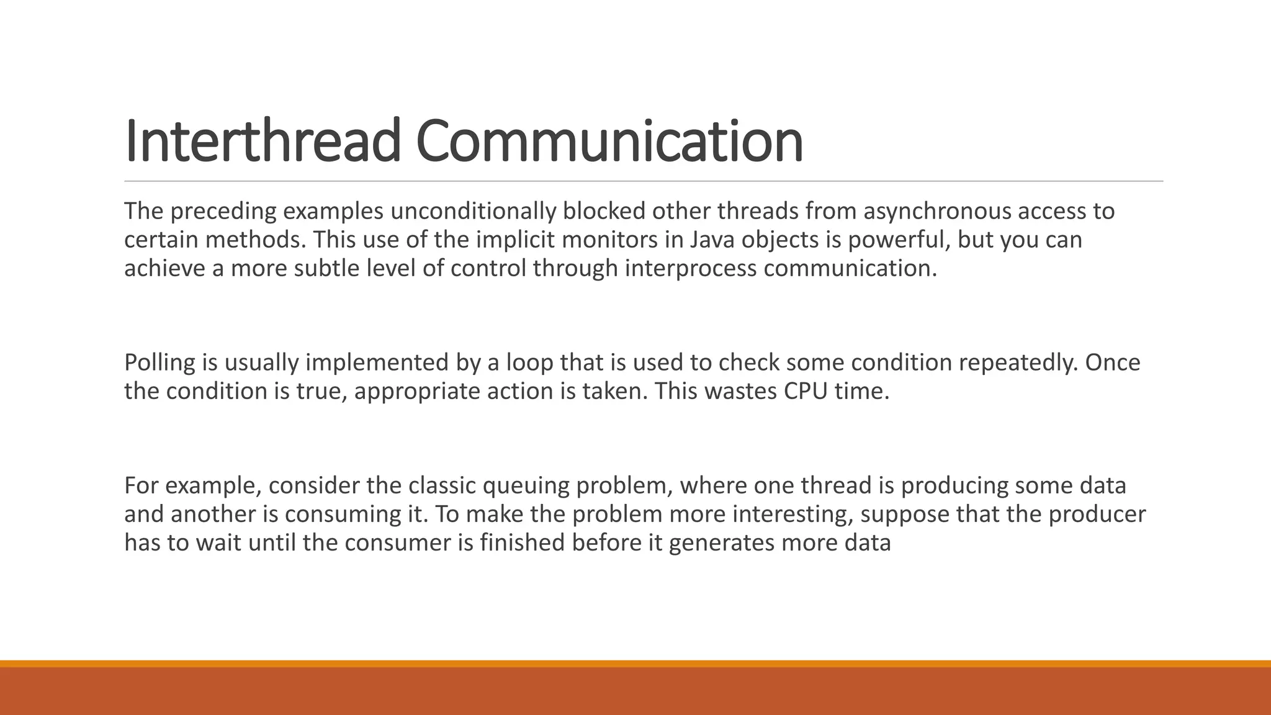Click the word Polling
(x=159, y=362)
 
